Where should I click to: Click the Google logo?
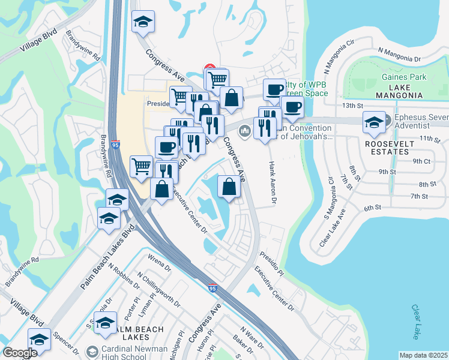coord(20,353)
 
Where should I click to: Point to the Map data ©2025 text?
coord(423,355)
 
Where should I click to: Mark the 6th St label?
coord(372,208)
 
